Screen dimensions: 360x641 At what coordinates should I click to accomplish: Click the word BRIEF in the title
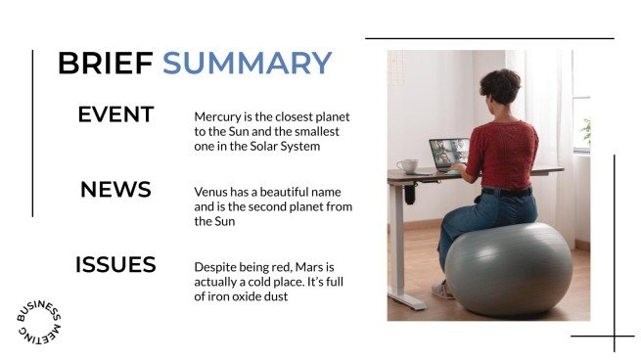pyautogui.click(x=105, y=63)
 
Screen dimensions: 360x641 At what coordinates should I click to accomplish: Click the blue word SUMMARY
pyautogui.click(x=247, y=63)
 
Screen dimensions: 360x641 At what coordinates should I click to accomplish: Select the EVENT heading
pyautogui.click(x=115, y=114)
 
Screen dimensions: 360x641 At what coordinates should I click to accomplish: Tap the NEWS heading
pyautogui.click(x=115, y=190)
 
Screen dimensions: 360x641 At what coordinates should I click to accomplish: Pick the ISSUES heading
pyautogui.click(x=115, y=265)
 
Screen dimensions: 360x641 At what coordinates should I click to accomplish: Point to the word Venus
pyautogui.click(x=211, y=193)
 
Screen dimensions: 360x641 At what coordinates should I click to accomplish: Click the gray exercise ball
pyautogui.click(x=508, y=269)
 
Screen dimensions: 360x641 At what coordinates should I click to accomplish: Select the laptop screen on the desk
pyautogui.click(x=448, y=153)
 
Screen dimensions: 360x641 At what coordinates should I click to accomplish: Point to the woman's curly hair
pyautogui.click(x=500, y=88)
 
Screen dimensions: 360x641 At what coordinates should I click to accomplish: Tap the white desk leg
pyautogui.click(x=395, y=245)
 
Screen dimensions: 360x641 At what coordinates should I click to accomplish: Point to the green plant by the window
pyautogui.click(x=585, y=131)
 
